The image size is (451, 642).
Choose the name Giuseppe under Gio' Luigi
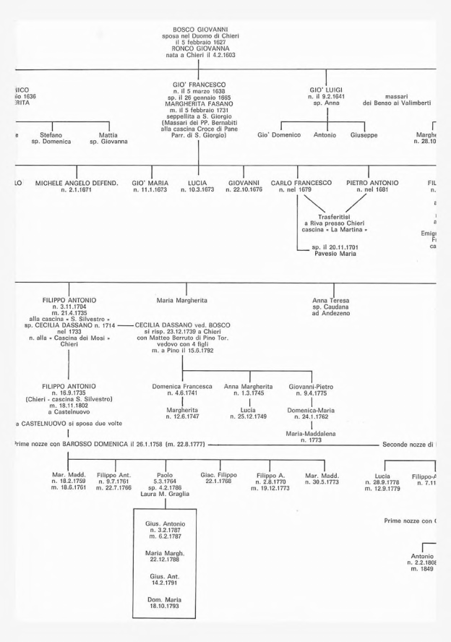click(x=364, y=135)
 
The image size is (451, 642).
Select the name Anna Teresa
click(x=328, y=298)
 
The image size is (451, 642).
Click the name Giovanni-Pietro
click(x=311, y=387)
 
